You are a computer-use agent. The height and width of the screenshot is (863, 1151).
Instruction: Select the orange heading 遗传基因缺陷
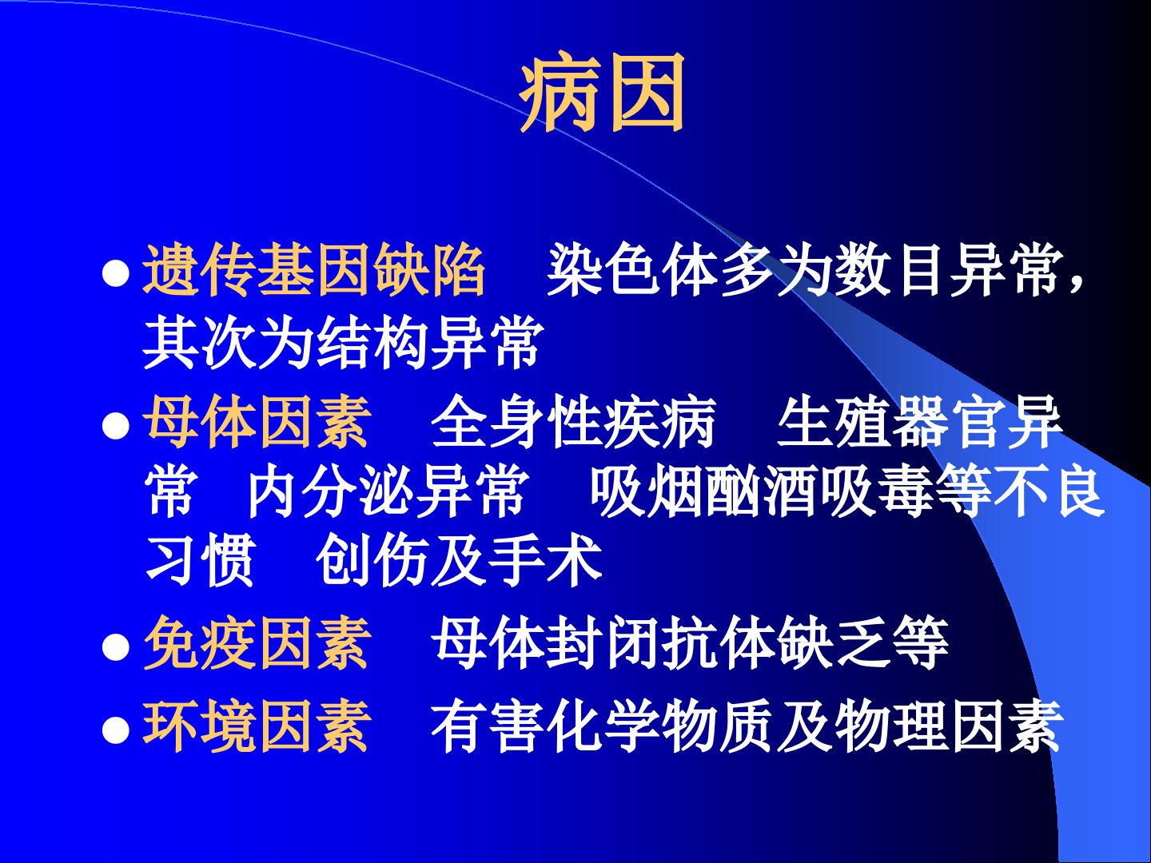[x=314, y=270]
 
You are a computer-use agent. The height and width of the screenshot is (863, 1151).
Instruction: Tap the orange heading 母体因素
[x=257, y=422]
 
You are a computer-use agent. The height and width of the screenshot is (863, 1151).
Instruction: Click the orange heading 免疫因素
[x=257, y=643]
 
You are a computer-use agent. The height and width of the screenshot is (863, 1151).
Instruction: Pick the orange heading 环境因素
[x=257, y=726]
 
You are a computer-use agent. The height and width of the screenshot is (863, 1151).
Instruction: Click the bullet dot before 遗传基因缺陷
[x=115, y=274]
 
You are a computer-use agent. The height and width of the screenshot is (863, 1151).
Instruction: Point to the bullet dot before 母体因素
[x=115, y=425]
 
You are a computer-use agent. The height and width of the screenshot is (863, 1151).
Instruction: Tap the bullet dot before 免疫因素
[x=115, y=647]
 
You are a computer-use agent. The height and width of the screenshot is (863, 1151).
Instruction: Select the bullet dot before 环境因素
[x=115, y=730]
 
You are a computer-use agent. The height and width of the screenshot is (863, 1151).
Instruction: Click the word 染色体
[x=632, y=270]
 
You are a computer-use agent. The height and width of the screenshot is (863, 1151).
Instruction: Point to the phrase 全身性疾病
[x=574, y=422]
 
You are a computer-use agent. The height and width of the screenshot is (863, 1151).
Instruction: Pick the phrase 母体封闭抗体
[x=604, y=643]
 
